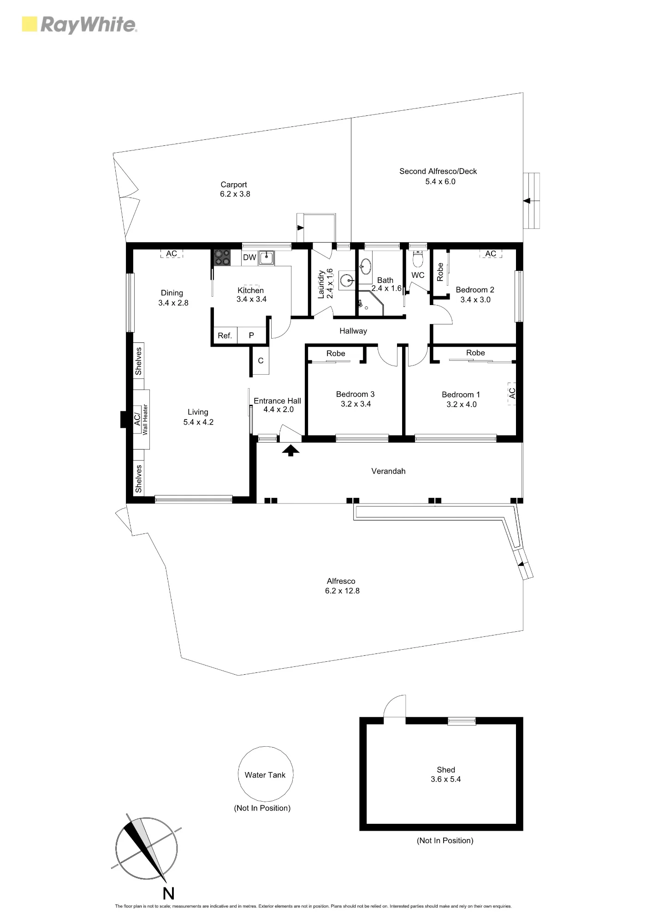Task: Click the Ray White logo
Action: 80,25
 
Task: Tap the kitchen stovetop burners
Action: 222,257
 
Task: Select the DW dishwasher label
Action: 249,258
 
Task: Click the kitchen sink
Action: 266,258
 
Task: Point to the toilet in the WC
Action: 418,259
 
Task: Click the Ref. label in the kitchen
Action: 225,336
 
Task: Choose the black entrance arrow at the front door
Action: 290,450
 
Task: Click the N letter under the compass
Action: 169,894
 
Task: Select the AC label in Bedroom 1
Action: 512,393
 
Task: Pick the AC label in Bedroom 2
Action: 491,253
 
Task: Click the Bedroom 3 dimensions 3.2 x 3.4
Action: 356,404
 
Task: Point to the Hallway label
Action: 353,331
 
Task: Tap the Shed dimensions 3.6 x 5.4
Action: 445,779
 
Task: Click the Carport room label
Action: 234,185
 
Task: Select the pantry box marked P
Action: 252,335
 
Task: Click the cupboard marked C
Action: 261,360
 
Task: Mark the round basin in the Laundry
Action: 347,280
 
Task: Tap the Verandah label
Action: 388,471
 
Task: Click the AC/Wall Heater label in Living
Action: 141,419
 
